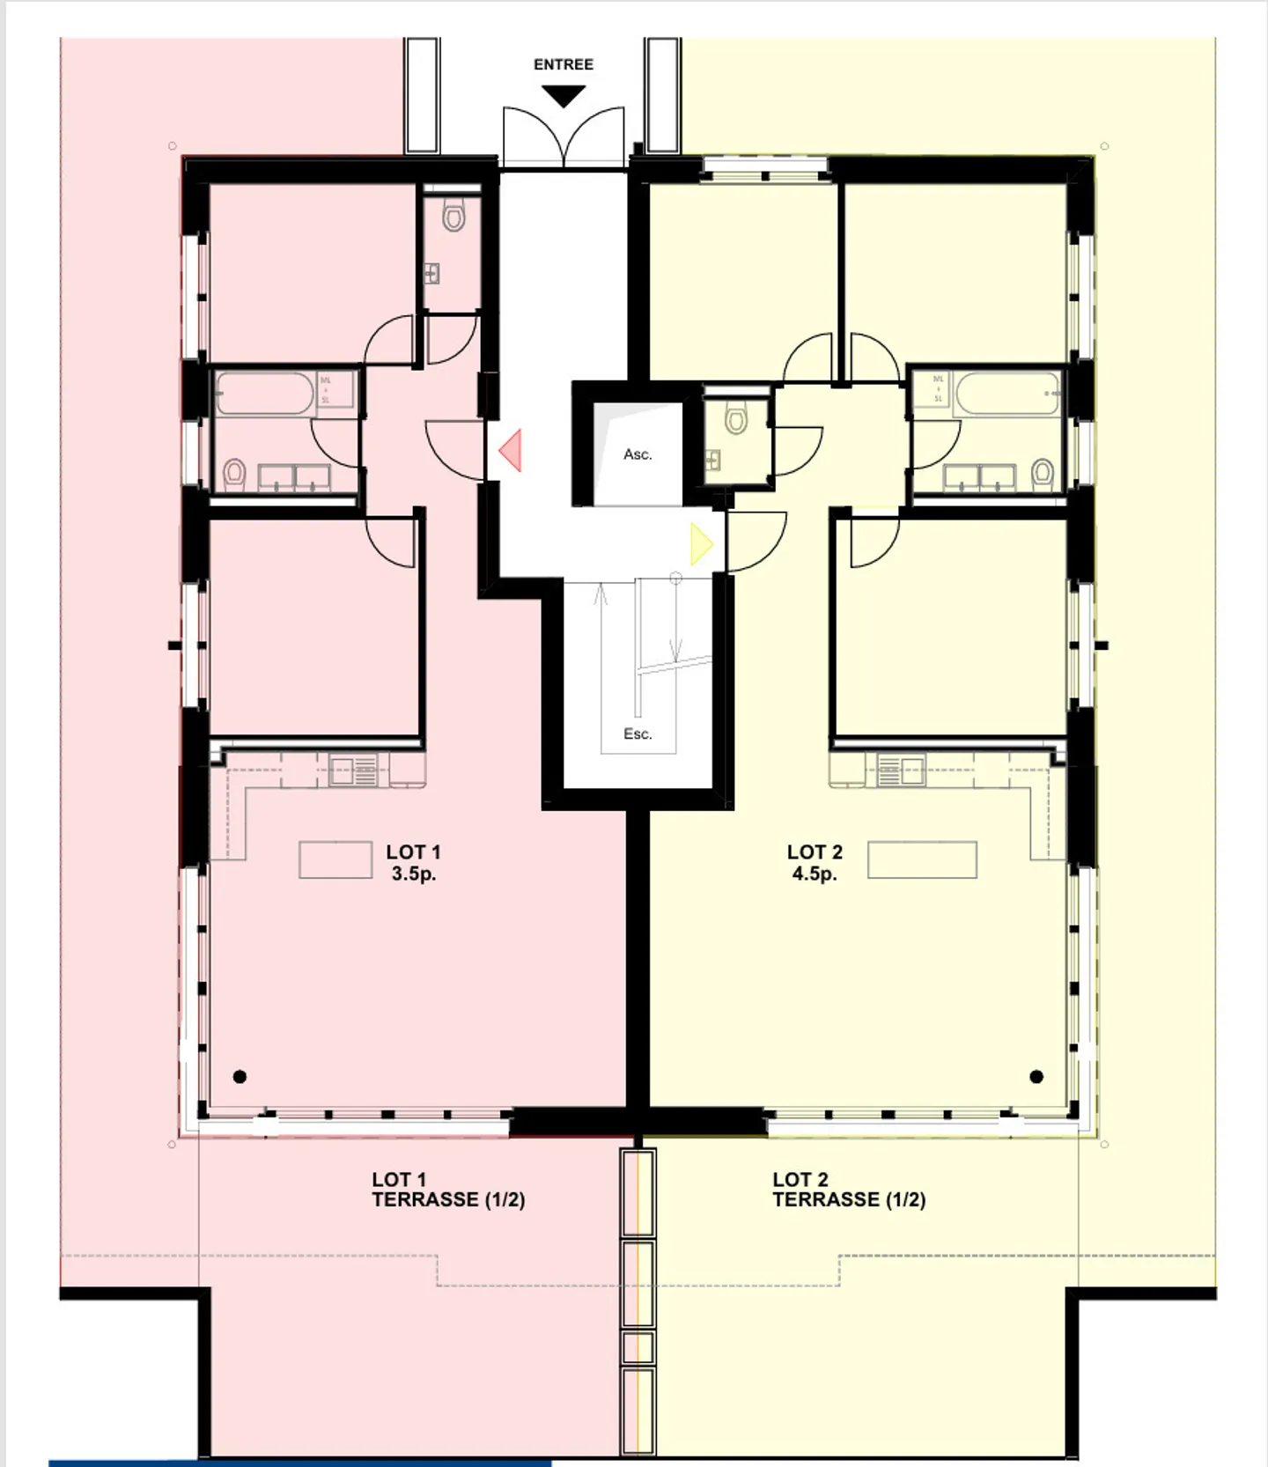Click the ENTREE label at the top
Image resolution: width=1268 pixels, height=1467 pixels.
pos(564,64)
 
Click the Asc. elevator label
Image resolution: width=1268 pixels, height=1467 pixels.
pos(638,454)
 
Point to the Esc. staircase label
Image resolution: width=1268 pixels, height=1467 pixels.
pos(638,733)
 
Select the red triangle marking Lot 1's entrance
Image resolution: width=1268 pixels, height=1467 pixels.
pos(512,450)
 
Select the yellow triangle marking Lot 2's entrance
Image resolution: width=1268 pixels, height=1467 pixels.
pos(701,544)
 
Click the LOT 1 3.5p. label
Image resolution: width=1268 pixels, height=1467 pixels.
pos(413,863)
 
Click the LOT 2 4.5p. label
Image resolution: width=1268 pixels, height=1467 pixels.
pos(815,863)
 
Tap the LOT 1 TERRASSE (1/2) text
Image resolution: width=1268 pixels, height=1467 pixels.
pos(447,1190)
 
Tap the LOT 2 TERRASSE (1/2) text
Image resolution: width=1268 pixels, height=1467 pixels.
pos(848,1190)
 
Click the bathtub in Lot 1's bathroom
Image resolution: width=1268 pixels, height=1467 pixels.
pos(265,394)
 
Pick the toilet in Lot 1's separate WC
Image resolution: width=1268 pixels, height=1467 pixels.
pos(453,215)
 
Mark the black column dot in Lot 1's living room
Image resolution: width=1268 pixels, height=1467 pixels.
pos(240,1076)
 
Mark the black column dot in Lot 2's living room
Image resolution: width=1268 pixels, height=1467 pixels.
pos(1036,1076)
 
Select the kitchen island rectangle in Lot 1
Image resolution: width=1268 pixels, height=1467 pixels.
pos(335,860)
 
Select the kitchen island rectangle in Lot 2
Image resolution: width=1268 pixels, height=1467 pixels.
pos(922,860)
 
